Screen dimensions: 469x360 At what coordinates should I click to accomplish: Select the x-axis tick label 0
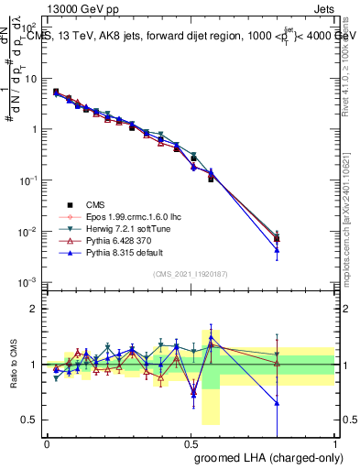pyautogui.click(x=47, y=442)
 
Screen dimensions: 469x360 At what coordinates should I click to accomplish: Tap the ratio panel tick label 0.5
pyautogui.click(x=31, y=420)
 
